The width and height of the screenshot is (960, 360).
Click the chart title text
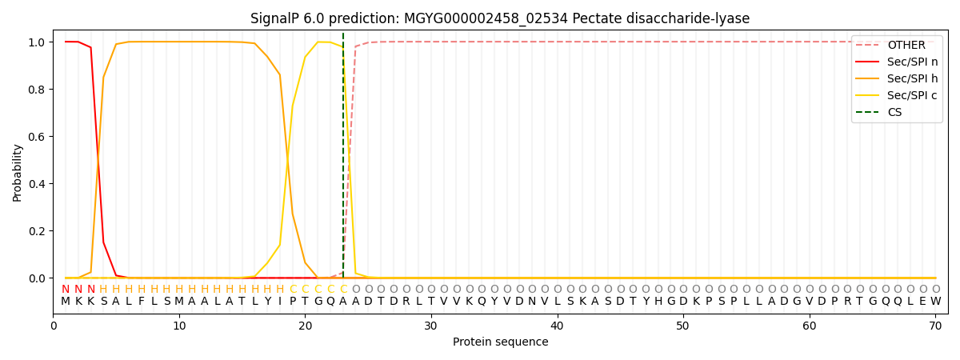pyautogui.click(x=500, y=18)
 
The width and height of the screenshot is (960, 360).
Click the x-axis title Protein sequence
pyautogui.click(x=500, y=342)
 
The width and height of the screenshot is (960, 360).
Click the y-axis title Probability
pyautogui.click(x=18, y=172)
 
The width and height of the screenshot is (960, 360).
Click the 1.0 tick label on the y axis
pyautogui.click(x=37, y=42)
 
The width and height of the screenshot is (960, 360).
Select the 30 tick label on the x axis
pyautogui.click(x=430, y=326)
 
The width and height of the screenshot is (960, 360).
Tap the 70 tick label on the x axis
pyautogui.click(x=935, y=326)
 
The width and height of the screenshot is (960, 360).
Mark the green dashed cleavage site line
pyautogui.click(x=343, y=160)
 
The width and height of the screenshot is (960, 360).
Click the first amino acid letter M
pyautogui.click(x=66, y=302)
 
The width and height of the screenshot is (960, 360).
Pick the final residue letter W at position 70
pyautogui.click(x=935, y=302)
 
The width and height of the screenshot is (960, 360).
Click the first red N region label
pyautogui.click(x=66, y=289)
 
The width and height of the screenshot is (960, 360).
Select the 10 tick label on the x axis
pyautogui.click(x=179, y=326)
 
